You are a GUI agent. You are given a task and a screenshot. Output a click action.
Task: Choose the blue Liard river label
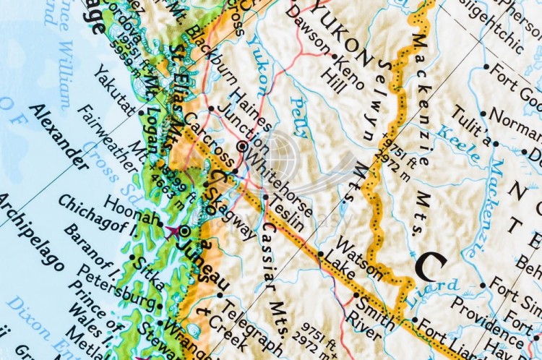tap(432, 291)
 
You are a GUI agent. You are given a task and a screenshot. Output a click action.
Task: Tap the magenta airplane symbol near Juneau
tap(173, 231)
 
